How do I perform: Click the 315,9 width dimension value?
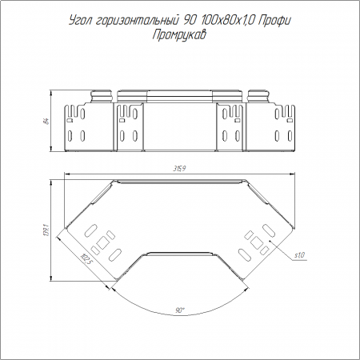click(179, 169)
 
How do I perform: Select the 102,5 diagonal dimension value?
click(86, 259)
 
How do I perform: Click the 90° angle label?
click(180, 310)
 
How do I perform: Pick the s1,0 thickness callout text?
click(299, 255)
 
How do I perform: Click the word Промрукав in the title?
click(179, 34)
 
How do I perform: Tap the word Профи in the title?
click(274, 21)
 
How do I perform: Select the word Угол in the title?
click(80, 21)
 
